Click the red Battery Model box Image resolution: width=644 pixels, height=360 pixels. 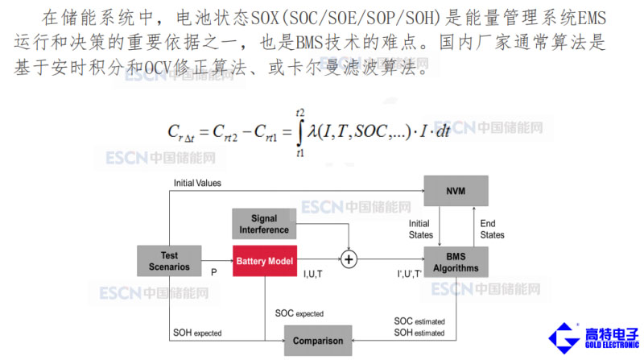[266, 260]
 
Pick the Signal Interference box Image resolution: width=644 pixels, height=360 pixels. [264, 224]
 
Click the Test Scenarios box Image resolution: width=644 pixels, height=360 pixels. [169, 260]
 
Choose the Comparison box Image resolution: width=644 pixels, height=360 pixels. [318, 340]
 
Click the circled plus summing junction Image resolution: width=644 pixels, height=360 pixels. [349, 260]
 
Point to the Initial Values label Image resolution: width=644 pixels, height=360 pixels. [197, 183]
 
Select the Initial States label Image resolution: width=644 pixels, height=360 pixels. [420, 229]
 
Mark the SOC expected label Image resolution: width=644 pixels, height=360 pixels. [299, 312]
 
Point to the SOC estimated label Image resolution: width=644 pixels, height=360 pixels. [419, 321]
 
